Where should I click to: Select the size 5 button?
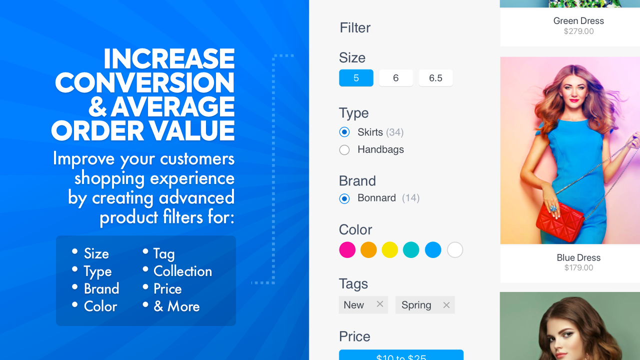click(x=356, y=78)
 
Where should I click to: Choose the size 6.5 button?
click(x=435, y=78)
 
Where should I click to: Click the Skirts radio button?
click(x=344, y=132)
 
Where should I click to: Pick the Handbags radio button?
click(x=344, y=149)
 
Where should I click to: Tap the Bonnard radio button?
click(x=344, y=198)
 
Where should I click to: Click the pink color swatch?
click(x=347, y=249)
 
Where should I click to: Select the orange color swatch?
click(x=368, y=249)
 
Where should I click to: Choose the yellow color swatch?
click(x=390, y=249)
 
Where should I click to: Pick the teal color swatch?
click(x=411, y=249)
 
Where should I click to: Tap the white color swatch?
click(x=455, y=249)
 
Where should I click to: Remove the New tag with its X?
click(x=380, y=304)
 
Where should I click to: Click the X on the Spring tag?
click(x=446, y=305)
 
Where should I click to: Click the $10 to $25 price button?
click(x=401, y=355)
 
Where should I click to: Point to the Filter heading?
click(x=355, y=27)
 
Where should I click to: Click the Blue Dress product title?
click(x=578, y=257)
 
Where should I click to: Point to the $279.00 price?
click(x=578, y=31)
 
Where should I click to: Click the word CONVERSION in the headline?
click(x=144, y=82)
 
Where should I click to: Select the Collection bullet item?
click(x=182, y=271)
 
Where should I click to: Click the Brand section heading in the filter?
click(x=357, y=180)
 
